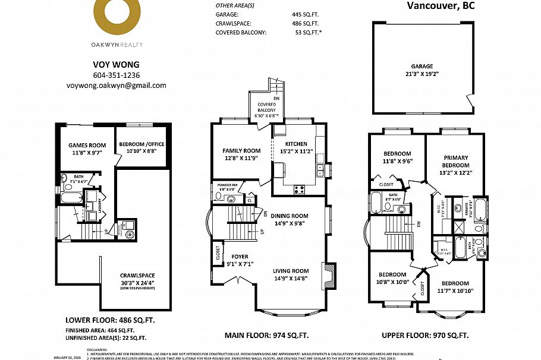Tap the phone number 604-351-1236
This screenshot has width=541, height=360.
pos(117,75)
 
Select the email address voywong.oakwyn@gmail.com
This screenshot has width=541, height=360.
pos(117,86)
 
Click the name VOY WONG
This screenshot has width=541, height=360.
pos(117,65)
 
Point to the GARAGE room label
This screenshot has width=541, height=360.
pos(422,67)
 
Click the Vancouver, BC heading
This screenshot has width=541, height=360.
pos(442,6)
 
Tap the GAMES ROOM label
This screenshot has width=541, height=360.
pos(87,145)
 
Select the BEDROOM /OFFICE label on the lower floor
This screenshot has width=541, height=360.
pos(141,144)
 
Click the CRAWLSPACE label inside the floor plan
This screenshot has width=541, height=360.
pos(137,275)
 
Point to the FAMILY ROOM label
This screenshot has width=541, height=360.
pos(241,151)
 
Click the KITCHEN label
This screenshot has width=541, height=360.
pos(296,144)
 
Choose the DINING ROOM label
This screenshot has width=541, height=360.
pos(290,216)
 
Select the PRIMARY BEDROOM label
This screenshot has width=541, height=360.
pos(456,162)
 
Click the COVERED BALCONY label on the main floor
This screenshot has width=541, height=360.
pos(266,108)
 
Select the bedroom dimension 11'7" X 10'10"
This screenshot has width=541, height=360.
pos(455,291)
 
